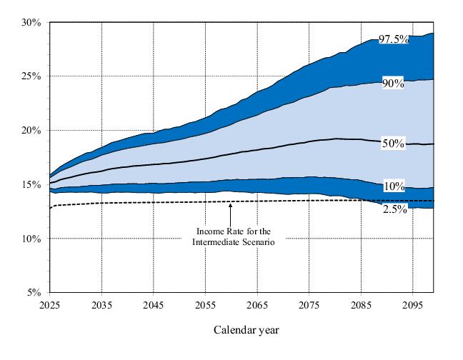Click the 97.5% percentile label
[394, 39]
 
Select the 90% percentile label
[392, 84]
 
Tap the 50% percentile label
[392, 144]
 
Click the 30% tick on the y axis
[31, 22]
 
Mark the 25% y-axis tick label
[31, 76]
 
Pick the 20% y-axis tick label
[31, 130]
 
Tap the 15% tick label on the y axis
[31, 184]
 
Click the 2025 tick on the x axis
[50, 304]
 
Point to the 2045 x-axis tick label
[154, 304]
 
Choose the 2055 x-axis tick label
[205, 304]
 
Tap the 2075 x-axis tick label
[309, 304]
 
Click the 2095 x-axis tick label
[412, 304]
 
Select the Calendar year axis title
[246, 330]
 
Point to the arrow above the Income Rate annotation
[230, 212]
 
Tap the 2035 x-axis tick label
[101, 304]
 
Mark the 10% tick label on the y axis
[31, 239]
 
